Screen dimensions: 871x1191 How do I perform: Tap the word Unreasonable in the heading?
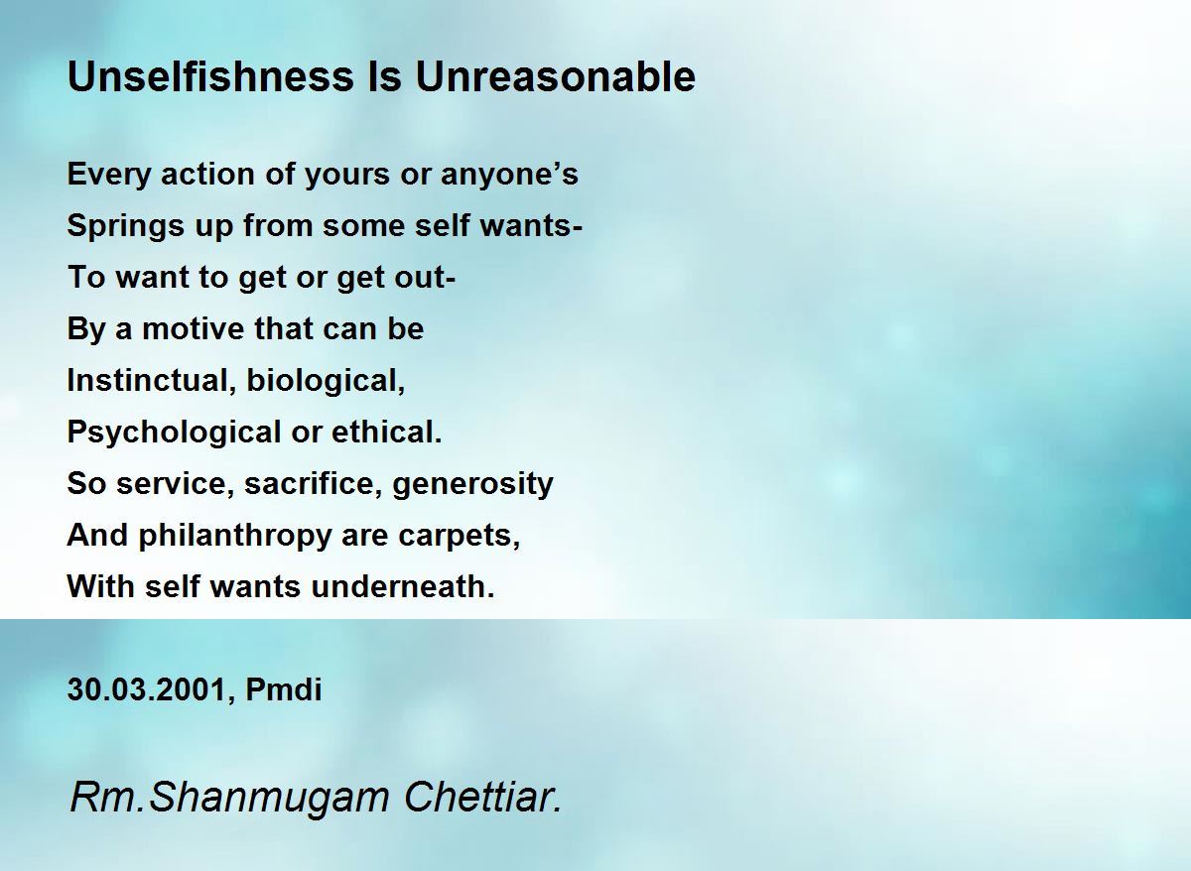[x=555, y=76]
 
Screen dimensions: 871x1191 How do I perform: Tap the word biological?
[x=326, y=381]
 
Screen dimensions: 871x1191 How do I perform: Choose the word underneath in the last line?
[x=402, y=587]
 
